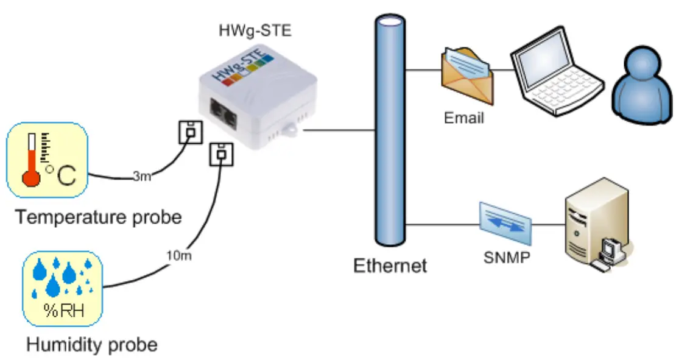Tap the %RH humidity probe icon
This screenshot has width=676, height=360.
click(x=62, y=289)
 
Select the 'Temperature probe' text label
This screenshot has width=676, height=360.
click(x=98, y=216)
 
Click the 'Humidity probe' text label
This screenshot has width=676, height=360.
click(x=91, y=345)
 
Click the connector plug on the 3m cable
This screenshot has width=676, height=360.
click(x=190, y=132)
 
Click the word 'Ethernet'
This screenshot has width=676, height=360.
click(x=390, y=266)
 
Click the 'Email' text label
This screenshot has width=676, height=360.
click(x=464, y=117)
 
